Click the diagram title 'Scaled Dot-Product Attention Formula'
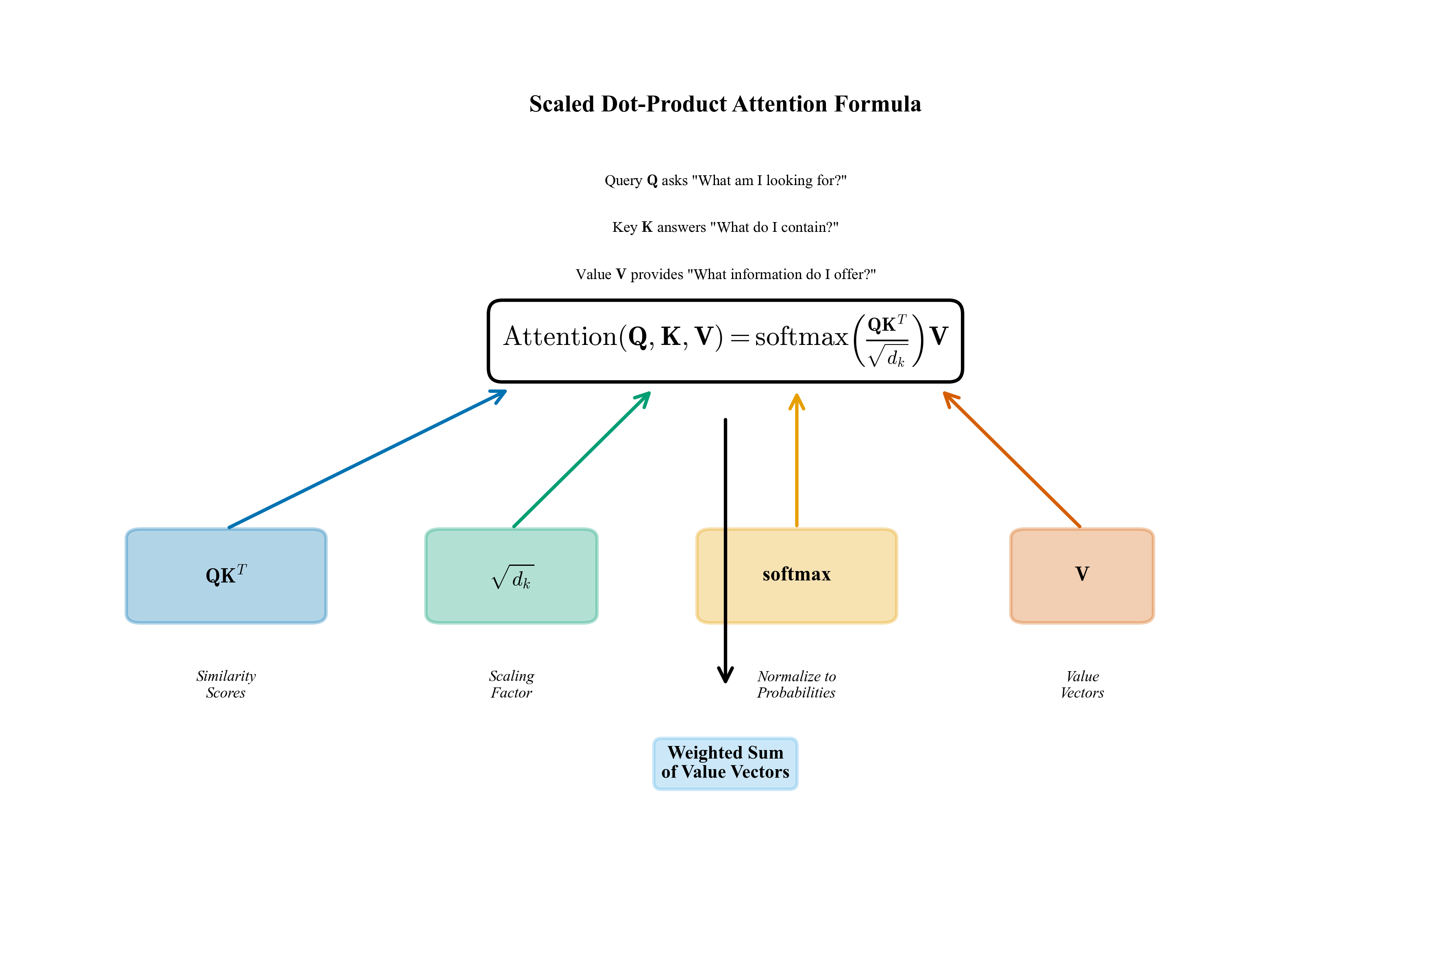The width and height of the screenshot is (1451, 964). point(725,104)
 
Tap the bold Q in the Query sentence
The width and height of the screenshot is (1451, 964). point(652,181)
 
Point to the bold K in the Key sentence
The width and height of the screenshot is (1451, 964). point(647,227)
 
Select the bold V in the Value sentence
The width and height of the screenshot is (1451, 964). point(621,274)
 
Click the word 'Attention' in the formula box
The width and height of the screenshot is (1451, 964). point(560,337)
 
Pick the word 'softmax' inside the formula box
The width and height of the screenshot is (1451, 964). point(801,337)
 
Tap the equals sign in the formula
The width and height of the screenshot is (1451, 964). point(740,338)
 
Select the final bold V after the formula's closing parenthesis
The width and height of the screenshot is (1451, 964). point(938,336)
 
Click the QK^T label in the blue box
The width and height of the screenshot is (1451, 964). point(226,575)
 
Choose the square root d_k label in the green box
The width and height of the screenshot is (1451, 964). point(512,578)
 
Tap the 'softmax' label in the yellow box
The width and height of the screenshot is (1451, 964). point(796,574)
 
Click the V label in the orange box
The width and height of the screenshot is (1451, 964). point(1082,574)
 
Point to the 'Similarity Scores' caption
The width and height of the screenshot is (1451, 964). point(226,684)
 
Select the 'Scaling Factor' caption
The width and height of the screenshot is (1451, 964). point(511,684)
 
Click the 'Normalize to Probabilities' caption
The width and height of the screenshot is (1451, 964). point(796,684)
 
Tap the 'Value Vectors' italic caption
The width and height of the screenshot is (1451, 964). point(1082,684)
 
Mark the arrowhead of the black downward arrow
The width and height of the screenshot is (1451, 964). point(725,676)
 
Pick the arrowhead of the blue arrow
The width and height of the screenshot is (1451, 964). point(501,394)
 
